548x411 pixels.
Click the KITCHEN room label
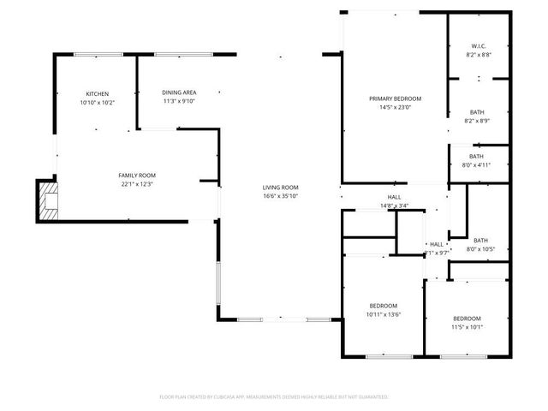tap(97, 93)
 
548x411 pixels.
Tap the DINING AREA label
tap(179, 92)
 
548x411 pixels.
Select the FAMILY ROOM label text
tap(137, 175)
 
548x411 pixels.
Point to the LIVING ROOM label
tap(280, 188)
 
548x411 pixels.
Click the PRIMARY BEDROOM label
tap(395, 98)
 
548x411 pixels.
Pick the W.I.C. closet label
tap(479, 45)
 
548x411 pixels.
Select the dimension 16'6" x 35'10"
tap(280, 196)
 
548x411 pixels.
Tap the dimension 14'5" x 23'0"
tap(395, 107)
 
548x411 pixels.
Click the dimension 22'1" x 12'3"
tap(137, 183)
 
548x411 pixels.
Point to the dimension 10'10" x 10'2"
tap(97, 102)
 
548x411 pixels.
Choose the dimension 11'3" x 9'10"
tap(179, 101)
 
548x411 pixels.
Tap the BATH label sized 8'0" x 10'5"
tap(480, 241)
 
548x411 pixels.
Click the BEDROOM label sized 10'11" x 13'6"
tap(383, 306)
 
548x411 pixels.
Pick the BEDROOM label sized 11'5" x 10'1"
tap(468, 318)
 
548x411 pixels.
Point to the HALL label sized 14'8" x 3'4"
tap(394, 197)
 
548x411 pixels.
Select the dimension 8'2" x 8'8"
tap(479, 54)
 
